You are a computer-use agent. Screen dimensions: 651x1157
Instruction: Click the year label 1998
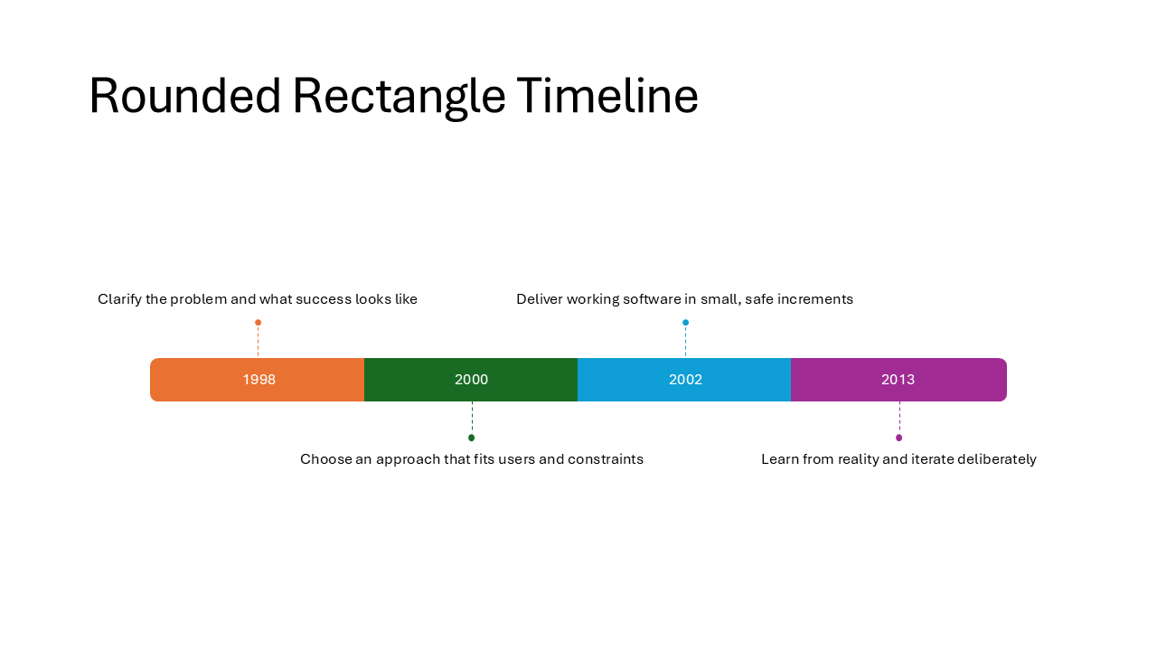(259, 380)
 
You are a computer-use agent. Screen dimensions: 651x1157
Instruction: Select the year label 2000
(471, 380)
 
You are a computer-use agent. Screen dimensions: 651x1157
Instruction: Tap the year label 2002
(685, 380)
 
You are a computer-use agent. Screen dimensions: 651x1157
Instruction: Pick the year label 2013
(898, 380)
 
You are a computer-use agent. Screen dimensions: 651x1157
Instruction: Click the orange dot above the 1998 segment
(258, 323)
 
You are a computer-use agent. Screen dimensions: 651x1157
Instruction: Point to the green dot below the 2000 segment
(471, 438)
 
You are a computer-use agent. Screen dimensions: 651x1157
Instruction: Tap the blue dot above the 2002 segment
(685, 323)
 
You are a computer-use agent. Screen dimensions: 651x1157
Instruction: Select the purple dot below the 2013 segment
(898, 438)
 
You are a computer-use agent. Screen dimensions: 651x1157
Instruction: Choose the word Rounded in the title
(185, 96)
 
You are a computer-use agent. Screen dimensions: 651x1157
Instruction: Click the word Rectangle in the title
(399, 96)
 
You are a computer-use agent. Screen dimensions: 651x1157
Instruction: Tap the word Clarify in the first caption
(119, 299)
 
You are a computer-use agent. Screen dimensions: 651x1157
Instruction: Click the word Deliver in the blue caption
(540, 299)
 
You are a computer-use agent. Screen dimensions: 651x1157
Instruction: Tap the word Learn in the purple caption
(779, 459)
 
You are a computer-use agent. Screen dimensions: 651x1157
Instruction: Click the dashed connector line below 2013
(899, 418)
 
